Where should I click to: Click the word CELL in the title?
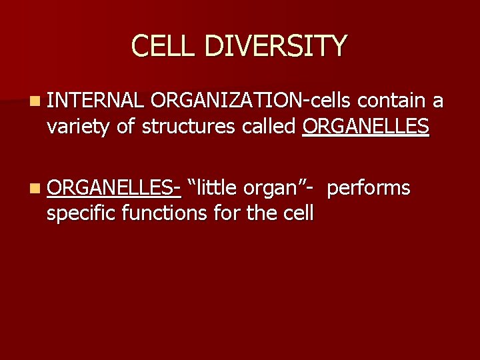point(164,46)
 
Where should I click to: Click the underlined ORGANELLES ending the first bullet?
point(366,127)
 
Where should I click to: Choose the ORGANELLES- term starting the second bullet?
point(114,188)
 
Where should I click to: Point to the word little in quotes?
point(214,188)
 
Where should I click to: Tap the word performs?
point(369,188)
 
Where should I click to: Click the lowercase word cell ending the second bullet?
point(299,214)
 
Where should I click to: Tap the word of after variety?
point(125,127)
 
